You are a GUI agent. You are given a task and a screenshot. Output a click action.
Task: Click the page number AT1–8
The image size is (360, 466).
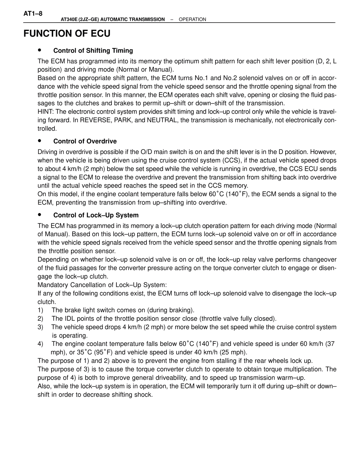[x=33, y=14]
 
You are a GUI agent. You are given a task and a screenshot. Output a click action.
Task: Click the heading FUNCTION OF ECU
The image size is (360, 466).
[x=67, y=33]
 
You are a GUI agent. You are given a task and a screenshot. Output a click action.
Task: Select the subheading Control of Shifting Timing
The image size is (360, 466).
[x=93, y=51]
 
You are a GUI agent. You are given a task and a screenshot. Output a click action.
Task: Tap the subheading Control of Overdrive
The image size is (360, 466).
[x=85, y=141]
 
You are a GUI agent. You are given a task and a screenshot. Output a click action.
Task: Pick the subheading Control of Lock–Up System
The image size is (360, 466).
[x=96, y=215]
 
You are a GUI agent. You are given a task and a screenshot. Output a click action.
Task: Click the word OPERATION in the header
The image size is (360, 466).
[x=192, y=19]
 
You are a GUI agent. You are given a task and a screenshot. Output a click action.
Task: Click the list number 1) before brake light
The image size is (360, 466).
[x=40, y=310]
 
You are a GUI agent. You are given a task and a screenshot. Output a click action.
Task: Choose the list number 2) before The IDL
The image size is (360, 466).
[x=40, y=319]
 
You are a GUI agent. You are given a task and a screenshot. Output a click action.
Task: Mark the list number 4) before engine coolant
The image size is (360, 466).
[x=40, y=344]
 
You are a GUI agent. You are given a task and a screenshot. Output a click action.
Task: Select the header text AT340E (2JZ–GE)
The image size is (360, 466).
[x=80, y=19]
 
